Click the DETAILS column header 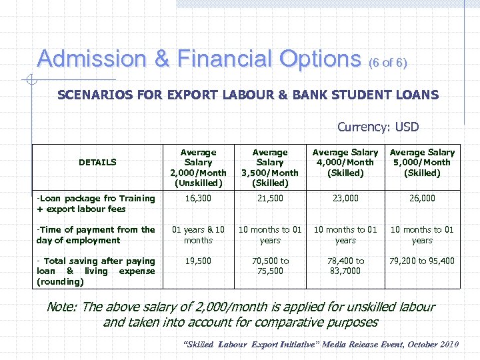pos(97,162)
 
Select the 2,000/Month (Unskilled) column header pos(198,167)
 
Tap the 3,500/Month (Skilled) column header pos(270,167)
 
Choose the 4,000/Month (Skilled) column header pos(345,163)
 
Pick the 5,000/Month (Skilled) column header pos(422,163)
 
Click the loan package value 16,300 pos(198,198)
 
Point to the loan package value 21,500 pos(270,198)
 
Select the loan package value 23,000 pos(345,198)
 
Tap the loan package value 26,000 pos(422,198)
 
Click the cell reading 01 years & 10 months pos(198,235)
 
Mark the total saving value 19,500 pos(198,261)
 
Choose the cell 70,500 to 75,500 pos(270,266)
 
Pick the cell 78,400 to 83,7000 pos(345,266)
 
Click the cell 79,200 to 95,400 pos(422,261)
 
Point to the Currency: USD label pos(378,127)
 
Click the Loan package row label pos(96,203)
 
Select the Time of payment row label pos(96,235)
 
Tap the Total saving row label pos(96,271)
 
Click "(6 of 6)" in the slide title pos(387,63)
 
